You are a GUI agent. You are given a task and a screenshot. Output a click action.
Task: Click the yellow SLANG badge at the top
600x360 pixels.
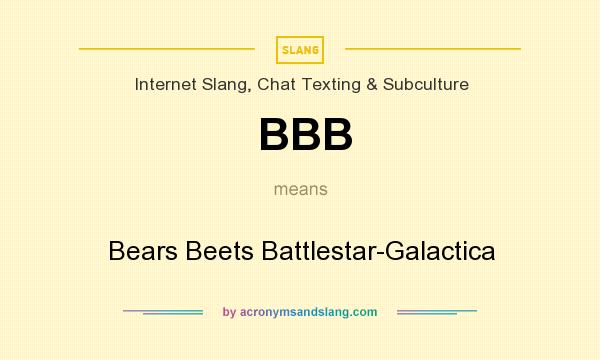point(300,48)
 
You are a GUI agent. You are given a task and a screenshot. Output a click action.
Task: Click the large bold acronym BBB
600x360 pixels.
point(305,135)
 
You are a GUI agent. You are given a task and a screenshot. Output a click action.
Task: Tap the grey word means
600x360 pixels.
point(300,189)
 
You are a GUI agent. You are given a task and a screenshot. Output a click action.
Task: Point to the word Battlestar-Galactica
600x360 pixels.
point(377,250)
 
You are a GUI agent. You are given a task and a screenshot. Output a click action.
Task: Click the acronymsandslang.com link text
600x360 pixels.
point(308,312)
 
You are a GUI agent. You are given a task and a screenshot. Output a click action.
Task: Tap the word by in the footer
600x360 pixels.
point(229,312)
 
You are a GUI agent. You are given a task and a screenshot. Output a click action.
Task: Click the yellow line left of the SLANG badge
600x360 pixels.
point(167,48)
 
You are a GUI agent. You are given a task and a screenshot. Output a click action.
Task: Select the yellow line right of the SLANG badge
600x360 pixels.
point(432,48)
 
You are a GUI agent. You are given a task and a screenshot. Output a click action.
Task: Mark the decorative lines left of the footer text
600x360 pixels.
point(163,312)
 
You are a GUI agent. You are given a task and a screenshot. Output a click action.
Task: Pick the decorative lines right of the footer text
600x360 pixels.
point(437,312)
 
